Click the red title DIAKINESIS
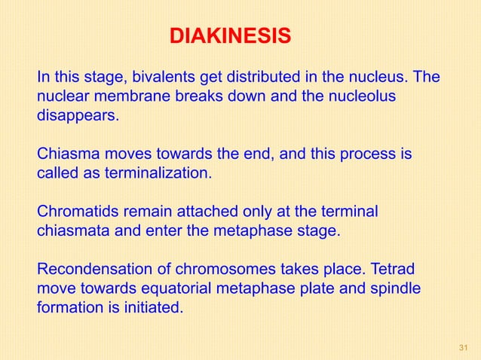(x=228, y=36)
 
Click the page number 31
(x=463, y=346)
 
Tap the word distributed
(x=253, y=78)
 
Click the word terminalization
(x=162, y=175)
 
